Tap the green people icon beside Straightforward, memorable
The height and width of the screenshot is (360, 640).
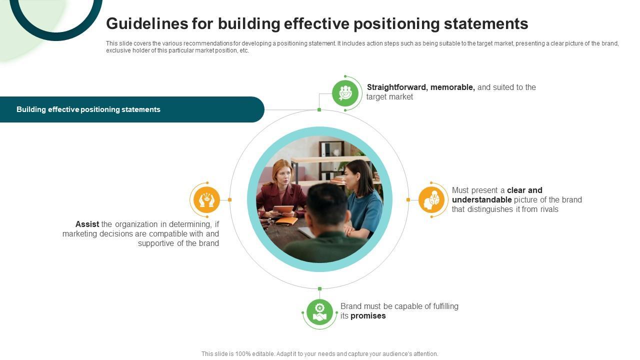pos(345,93)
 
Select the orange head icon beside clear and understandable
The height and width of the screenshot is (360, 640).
pos(431,200)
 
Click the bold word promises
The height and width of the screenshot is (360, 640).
pos(368,316)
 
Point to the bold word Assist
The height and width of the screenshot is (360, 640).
pos(87,224)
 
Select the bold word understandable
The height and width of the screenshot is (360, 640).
pos(481,200)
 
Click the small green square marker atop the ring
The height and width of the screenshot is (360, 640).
pos(319,109)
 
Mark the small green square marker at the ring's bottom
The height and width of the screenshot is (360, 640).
pos(319,289)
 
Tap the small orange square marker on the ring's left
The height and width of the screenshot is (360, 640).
pos(229,200)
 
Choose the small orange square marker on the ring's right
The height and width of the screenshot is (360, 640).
pos(408,200)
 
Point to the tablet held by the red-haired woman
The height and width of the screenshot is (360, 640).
pos(283,209)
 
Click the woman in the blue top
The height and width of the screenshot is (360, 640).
pos(362,200)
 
